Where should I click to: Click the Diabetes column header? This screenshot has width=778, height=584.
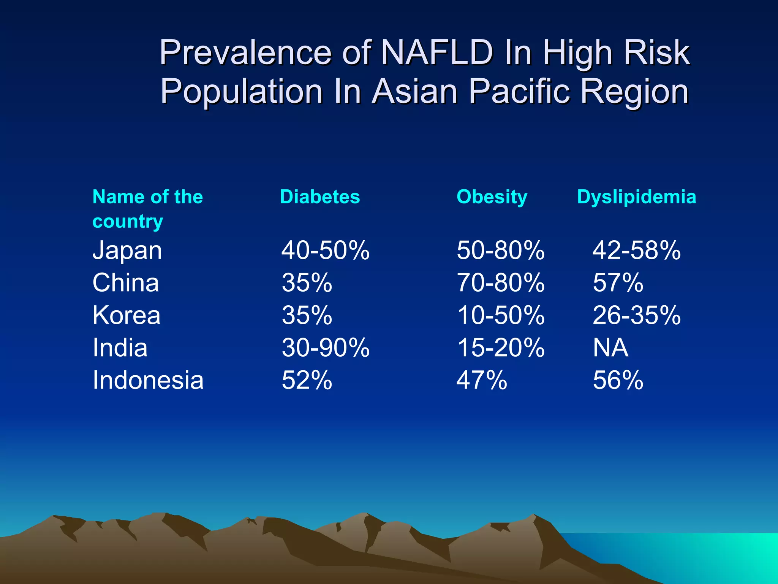tap(319, 197)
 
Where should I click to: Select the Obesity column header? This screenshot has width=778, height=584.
tap(492, 197)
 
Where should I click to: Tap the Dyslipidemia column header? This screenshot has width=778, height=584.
tap(636, 197)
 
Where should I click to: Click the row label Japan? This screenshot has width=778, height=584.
tap(127, 251)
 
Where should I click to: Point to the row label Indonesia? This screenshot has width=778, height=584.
tap(148, 380)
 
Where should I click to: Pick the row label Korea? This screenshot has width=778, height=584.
tap(127, 316)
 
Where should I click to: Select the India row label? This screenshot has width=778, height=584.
tap(120, 348)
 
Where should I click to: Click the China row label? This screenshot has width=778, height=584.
tap(126, 283)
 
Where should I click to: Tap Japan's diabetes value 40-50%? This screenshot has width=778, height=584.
tap(325, 251)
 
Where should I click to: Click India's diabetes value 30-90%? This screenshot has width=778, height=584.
tap(325, 348)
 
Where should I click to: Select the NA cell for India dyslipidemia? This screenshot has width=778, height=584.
tap(610, 348)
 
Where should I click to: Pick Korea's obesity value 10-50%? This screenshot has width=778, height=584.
tap(500, 316)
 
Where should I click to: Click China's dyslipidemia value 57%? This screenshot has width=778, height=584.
tap(618, 283)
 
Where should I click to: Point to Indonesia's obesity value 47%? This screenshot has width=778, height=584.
tap(481, 380)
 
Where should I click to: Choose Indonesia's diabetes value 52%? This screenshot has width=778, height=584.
tap(307, 380)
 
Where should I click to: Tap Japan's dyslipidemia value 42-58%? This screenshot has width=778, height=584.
tap(636, 251)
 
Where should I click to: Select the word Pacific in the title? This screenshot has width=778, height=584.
tap(519, 91)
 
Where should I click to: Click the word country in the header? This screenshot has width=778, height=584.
tap(128, 222)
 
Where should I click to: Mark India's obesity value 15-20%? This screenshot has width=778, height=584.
tap(500, 348)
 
